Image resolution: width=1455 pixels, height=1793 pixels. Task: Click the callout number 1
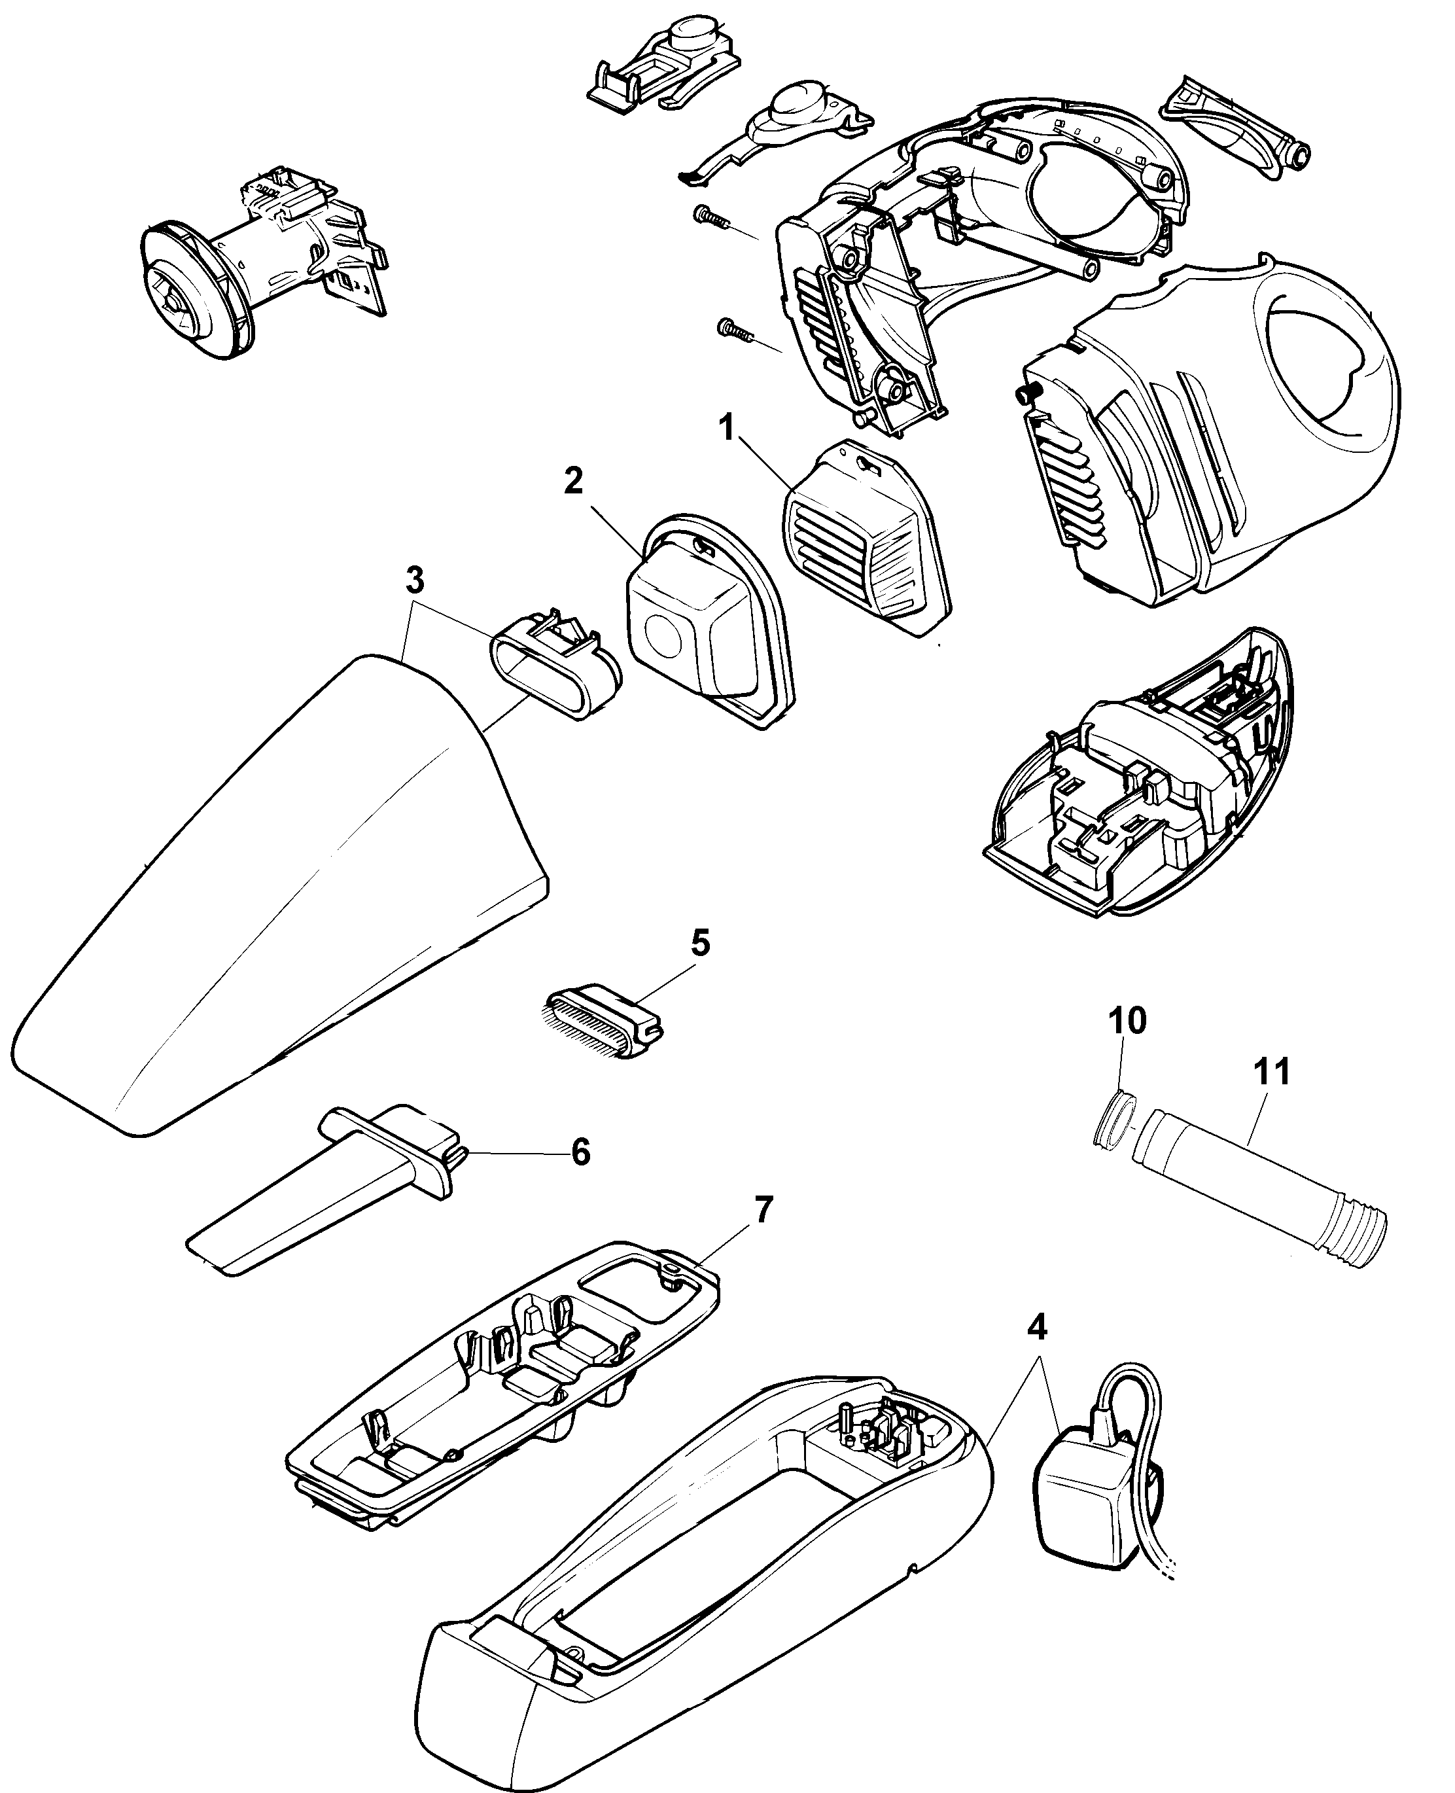click(x=727, y=429)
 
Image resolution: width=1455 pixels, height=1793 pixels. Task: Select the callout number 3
click(x=415, y=580)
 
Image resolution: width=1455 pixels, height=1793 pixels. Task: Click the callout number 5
click(x=700, y=943)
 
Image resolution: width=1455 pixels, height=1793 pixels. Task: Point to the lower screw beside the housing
click(x=733, y=328)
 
